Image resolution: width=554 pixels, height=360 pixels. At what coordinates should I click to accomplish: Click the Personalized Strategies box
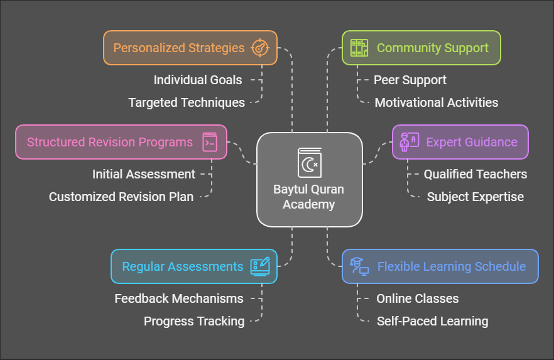[x=190, y=48]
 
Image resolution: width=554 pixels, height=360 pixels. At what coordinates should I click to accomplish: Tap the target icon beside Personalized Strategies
[x=259, y=48]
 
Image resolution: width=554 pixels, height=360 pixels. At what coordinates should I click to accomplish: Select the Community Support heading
[x=432, y=48]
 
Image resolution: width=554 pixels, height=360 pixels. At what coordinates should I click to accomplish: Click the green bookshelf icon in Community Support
[x=359, y=48]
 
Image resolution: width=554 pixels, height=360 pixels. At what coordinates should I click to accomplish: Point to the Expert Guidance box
[x=460, y=142]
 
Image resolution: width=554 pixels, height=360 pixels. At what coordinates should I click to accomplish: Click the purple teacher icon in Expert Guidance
[x=409, y=142]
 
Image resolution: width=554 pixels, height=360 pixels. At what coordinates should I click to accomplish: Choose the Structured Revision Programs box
[x=121, y=142]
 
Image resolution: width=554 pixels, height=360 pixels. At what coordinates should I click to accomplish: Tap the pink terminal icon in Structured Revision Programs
[x=210, y=142]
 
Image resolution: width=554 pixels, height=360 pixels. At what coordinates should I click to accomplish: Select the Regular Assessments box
[x=194, y=266]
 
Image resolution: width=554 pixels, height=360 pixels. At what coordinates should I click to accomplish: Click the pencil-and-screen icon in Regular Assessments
[x=260, y=266]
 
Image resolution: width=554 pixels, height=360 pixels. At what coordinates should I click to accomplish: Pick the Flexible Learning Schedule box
[x=440, y=266]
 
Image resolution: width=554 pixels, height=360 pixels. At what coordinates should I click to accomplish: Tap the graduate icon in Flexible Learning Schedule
[x=359, y=266]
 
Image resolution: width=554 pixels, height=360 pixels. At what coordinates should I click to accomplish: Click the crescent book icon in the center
[x=310, y=163]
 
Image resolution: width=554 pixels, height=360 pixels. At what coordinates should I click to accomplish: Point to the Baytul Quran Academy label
[x=309, y=197]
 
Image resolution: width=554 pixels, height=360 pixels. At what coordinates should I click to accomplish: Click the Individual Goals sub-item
[x=198, y=80]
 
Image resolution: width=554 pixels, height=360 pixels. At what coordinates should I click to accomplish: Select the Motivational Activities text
[x=437, y=102]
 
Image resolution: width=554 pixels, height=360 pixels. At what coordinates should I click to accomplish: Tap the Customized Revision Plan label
[x=121, y=197]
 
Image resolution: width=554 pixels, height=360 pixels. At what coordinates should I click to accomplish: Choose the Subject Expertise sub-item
[x=475, y=197]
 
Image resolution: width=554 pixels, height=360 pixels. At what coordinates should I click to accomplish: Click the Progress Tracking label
[x=194, y=321]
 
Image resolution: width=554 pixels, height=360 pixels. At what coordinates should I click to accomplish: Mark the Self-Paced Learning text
[x=432, y=321]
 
